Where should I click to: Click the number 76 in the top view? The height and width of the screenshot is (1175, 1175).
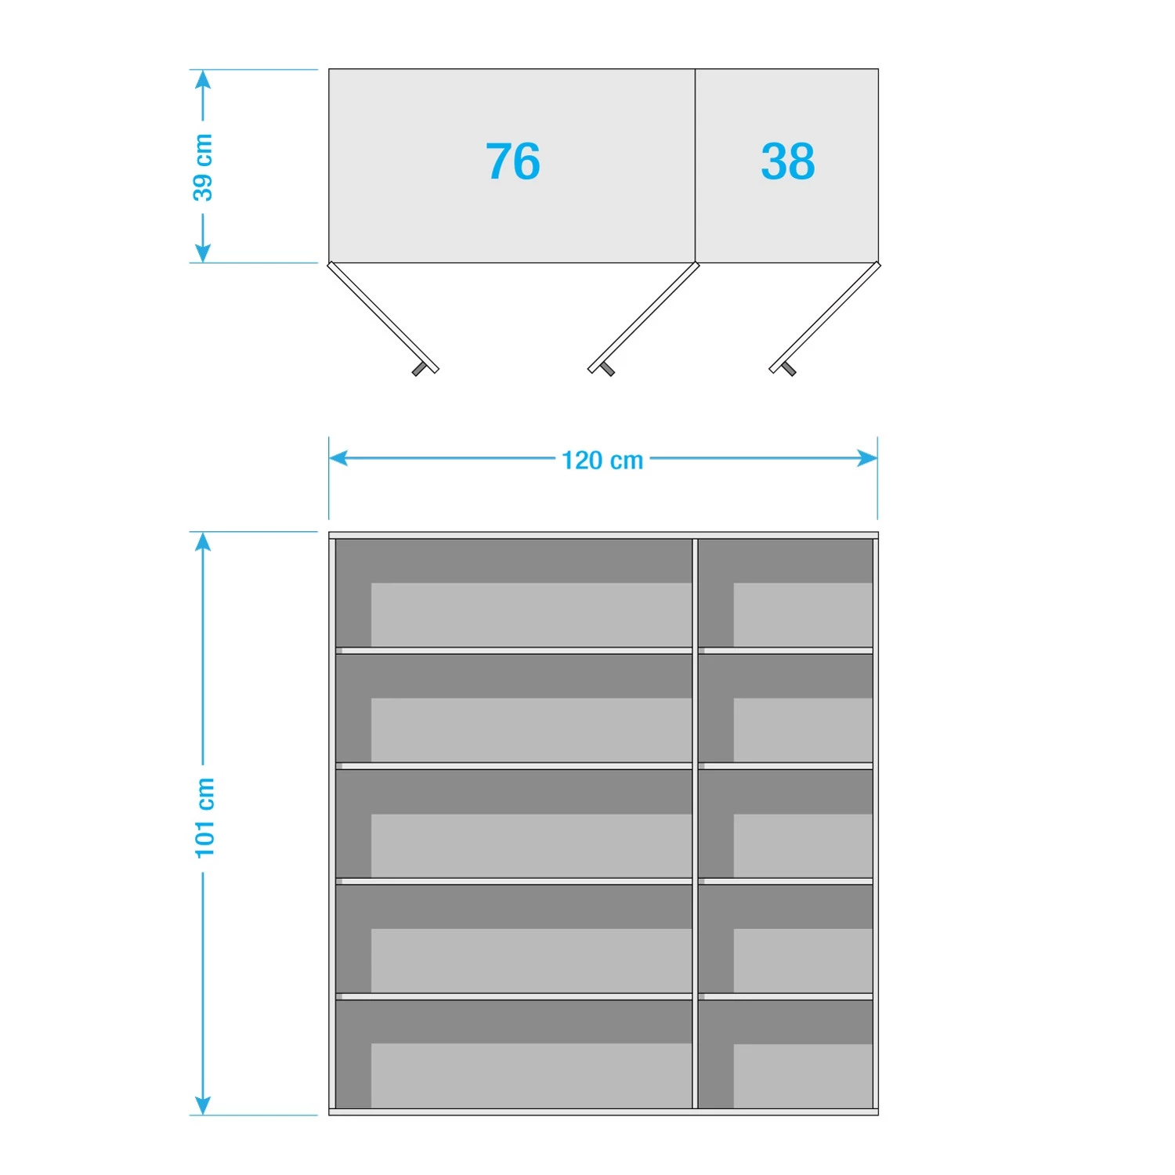tap(513, 162)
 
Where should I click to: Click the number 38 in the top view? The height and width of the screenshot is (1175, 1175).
tap(787, 162)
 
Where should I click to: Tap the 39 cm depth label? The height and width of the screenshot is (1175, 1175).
tap(203, 167)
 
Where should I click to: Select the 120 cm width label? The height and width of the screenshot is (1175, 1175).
tap(602, 460)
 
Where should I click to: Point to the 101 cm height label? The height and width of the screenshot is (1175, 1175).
tap(204, 817)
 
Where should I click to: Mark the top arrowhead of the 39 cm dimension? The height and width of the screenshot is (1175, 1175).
tap(203, 79)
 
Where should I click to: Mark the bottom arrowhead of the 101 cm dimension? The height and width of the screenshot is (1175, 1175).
tap(203, 1105)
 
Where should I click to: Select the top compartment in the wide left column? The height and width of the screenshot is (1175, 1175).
tap(514, 593)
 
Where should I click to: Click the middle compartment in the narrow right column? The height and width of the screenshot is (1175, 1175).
tap(786, 823)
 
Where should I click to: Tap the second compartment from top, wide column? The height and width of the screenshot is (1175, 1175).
tap(514, 708)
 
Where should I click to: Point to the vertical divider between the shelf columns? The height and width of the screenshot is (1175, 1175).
tap(695, 822)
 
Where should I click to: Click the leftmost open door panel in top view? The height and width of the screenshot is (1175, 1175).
tap(382, 316)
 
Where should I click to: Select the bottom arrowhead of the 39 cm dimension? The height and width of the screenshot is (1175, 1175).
tap(203, 253)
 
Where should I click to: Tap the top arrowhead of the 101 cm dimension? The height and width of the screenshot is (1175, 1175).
tap(203, 541)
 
